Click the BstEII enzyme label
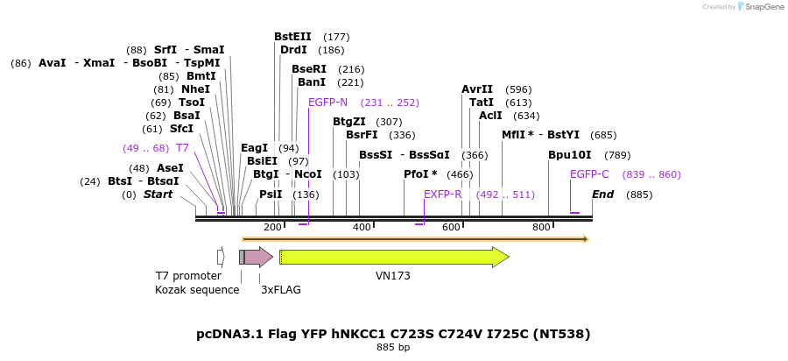[292, 37]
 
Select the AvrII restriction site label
[477, 89]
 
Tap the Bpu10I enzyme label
[565, 155]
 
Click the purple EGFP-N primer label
[327, 103]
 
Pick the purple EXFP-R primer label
[442, 195]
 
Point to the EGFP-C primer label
[589, 174]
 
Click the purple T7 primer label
[182, 148]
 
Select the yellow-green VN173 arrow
[393, 257]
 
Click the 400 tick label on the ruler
[362, 228]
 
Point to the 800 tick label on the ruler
[541, 228]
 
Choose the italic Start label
[158, 195]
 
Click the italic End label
[602, 195]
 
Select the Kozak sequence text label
[197, 290]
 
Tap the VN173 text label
[393, 276]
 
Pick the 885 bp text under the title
[393, 348]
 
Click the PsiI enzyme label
[271, 195]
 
